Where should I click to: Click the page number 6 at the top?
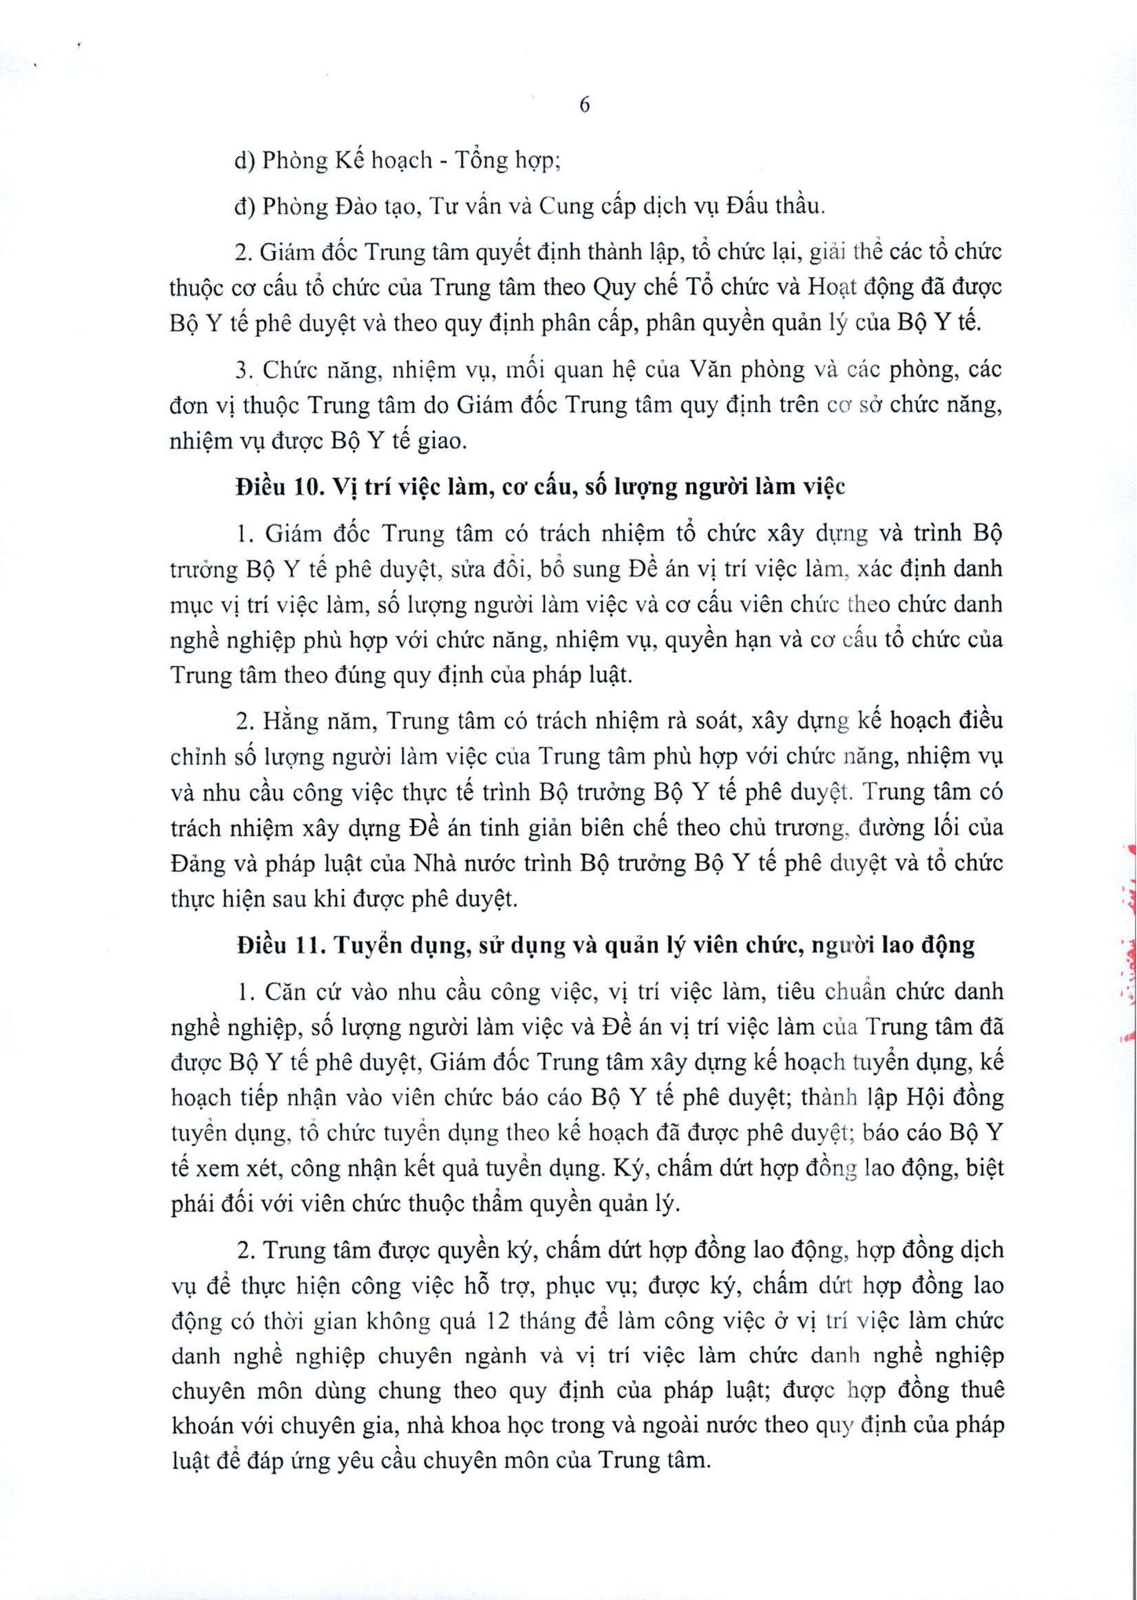(585, 105)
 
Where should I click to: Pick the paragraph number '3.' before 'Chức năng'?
(243, 369)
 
